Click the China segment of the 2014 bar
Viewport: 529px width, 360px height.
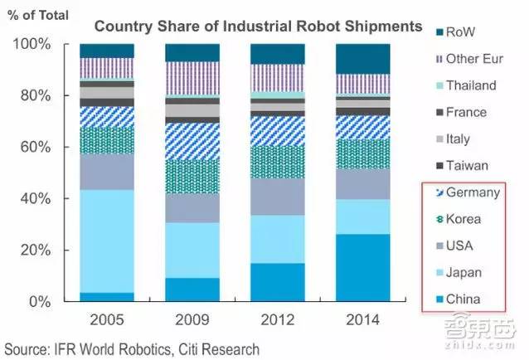pos(362,268)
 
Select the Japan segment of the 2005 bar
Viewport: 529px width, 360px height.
pos(107,241)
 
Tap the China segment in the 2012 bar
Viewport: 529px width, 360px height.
pos(277,282)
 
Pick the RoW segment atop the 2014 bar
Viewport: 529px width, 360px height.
pos(362,58)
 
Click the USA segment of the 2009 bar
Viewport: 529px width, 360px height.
pos(192,208)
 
